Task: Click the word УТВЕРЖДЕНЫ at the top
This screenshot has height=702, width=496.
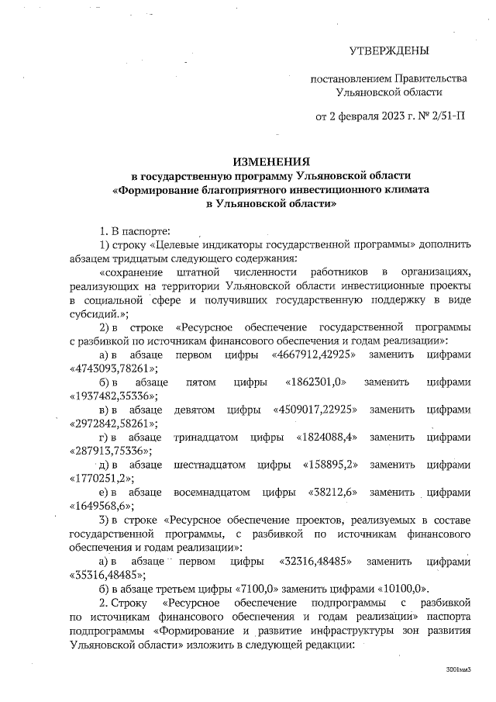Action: [x=388, y=51]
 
